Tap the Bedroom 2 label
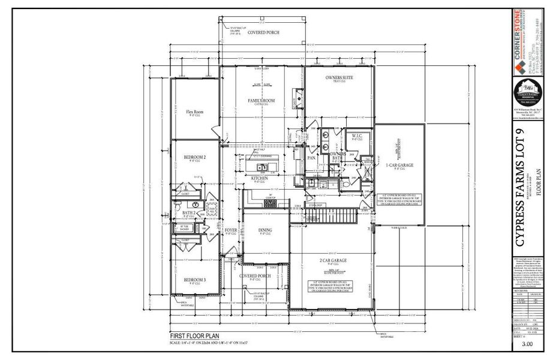(x=194, y=157)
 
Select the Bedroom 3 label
(x=194, y=280)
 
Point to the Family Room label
(x=262, y=100)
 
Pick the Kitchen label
(x=259, y=178)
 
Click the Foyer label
(x=231, y=230)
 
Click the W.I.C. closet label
(x=358, y=136)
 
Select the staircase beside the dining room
(x=324, y=213)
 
